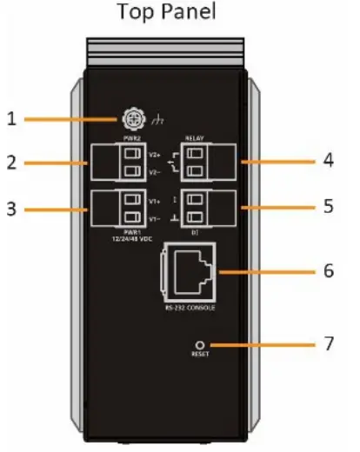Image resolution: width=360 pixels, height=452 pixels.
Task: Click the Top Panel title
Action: coord(179,12)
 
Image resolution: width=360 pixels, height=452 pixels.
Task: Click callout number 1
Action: coord(12,117)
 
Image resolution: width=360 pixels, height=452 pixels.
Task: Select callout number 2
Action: coord(12,163)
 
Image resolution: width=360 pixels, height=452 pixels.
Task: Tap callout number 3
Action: coord(12,209)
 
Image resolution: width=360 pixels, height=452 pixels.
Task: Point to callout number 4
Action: coord(328,161)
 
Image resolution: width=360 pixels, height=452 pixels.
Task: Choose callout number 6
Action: coord(328,269)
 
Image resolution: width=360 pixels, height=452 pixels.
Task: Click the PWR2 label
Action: coord(132,138)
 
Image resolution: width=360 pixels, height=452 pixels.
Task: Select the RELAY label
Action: coord(195,138)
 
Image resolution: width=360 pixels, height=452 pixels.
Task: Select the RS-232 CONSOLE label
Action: coord(188,309)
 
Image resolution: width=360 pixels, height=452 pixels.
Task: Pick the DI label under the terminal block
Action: coord(197,233)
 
